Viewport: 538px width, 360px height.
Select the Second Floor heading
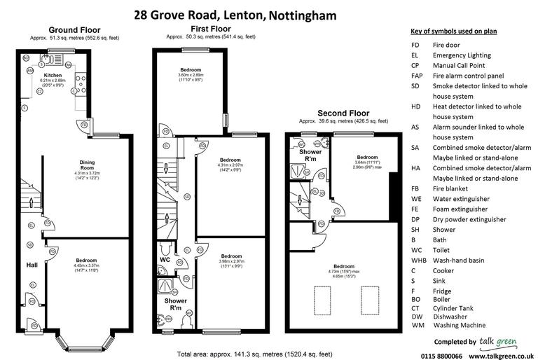[343, 112]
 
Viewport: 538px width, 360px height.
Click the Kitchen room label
[53, 74]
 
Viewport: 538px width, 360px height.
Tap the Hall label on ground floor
[32, 265]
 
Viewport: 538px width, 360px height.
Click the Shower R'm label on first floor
[176, 304]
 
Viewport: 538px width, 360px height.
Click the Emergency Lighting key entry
[460, 55]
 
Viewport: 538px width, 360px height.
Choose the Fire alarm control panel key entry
[466, 76]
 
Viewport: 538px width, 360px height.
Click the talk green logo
[499, 340]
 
